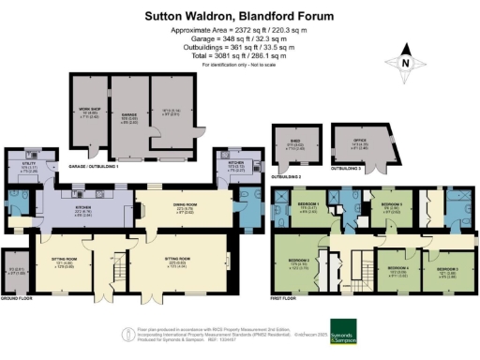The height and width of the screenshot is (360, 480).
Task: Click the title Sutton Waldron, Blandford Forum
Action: (240, 16)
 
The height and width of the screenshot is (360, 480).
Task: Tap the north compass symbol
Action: (405, 62)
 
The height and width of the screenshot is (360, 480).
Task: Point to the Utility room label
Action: (28, 169)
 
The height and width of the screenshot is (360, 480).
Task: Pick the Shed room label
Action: (292, 145)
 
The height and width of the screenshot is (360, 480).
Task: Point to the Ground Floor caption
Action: (15, 297)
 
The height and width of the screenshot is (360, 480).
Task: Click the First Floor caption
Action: (284, 297)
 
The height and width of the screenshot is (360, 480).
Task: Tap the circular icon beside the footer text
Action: (129, 334)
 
